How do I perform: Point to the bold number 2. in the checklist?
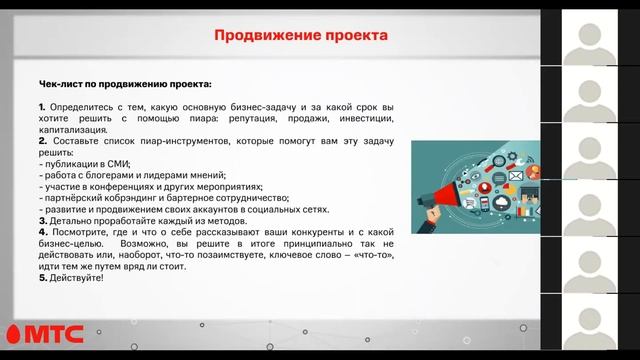(x=42, y=141)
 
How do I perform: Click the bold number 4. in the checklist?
(x=42, y=231)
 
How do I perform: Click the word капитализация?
(x=73, y=130)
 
